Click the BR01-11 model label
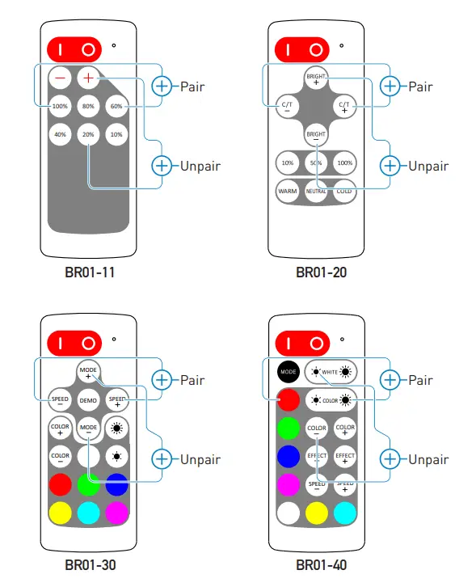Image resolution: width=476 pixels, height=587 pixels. (90, 272)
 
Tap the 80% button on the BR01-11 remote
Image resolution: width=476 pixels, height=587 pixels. (88, 106)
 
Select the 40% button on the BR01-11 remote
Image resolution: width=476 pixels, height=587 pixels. (60, 134)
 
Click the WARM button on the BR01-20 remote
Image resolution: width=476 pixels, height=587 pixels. (287, 191)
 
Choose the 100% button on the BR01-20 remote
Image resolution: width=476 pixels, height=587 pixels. (345, 163)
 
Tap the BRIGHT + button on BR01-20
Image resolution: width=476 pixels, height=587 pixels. (316, 78)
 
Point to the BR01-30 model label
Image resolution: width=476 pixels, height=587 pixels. (90, 565)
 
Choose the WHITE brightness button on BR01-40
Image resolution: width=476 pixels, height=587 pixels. (331, 372)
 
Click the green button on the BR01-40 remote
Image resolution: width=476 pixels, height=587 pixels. (289, 427)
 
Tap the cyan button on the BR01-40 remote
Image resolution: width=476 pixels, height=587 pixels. (346, 513)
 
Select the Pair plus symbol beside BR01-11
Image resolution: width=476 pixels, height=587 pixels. (163, 87)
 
